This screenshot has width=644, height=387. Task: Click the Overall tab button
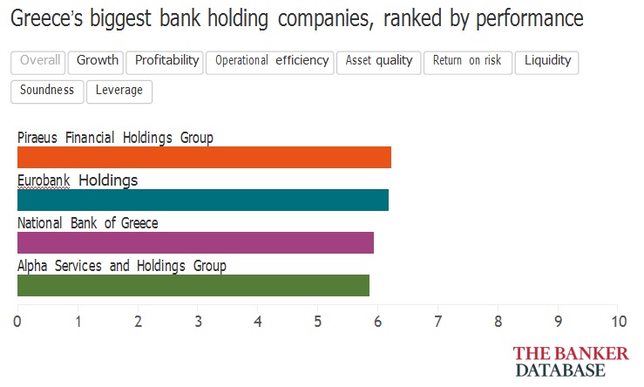tap(37, 63)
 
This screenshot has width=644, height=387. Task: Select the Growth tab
tap(96, 63)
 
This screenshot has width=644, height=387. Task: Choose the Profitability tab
tap(165, 63)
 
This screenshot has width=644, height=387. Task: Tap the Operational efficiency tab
tap(270, 63)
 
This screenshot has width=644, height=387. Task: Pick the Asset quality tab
tap(379, 63)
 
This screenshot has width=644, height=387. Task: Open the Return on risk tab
tap(468, 63)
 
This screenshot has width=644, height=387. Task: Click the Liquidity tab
tap(546, 63)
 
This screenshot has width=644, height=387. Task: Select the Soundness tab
tap(47, 92)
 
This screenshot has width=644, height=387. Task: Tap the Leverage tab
tap(119, 92)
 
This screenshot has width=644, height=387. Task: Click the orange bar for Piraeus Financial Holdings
tap(204, 158)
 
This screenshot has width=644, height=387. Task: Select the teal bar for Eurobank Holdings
tap(203, 200)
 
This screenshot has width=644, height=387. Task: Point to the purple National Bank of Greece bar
tap(195, 243)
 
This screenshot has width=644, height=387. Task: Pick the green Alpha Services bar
tap(193, 286)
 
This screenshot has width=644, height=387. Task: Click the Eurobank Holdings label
tap(78, 180)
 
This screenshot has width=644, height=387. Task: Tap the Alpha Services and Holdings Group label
tap(122, 266)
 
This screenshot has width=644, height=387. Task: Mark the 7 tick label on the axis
tap(437, 322)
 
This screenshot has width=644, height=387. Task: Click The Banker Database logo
tap(571, 362)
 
